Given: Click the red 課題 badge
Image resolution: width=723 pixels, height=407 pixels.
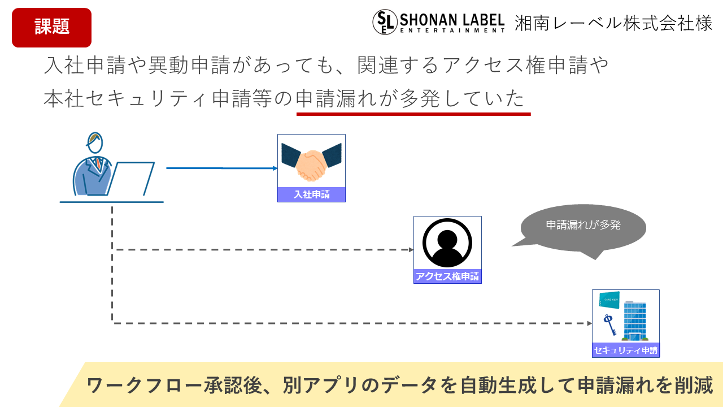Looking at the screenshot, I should pos(51,27).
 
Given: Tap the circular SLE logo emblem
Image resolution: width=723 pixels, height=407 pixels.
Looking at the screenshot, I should pos(385,23).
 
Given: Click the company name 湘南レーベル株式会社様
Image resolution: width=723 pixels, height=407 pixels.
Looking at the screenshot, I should pos(613,23).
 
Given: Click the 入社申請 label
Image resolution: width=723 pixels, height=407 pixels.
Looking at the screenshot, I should pos(311,195).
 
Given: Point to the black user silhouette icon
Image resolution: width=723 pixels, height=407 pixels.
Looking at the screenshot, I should pos(447,243).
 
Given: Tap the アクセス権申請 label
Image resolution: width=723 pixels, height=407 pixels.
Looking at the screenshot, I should pos(447,276).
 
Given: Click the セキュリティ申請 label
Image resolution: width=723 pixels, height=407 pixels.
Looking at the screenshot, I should pos(625,350).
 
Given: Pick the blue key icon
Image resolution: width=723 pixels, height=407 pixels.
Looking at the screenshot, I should pos(609,324).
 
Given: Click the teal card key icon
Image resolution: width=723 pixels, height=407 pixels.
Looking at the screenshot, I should pos(609,300).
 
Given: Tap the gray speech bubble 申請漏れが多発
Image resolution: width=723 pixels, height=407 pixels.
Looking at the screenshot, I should pos(583,226).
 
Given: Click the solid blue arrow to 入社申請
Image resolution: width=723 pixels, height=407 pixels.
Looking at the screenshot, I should pos(220,168).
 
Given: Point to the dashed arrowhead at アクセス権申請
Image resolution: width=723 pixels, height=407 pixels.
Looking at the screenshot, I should pos(411,249).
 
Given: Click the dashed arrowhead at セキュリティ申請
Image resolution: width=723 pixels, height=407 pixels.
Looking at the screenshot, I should pos(589,323).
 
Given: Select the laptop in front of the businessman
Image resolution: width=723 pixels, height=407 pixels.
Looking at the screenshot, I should pos(131,178).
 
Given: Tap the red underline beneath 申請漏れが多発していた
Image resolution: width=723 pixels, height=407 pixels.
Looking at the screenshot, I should pos(413,114).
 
